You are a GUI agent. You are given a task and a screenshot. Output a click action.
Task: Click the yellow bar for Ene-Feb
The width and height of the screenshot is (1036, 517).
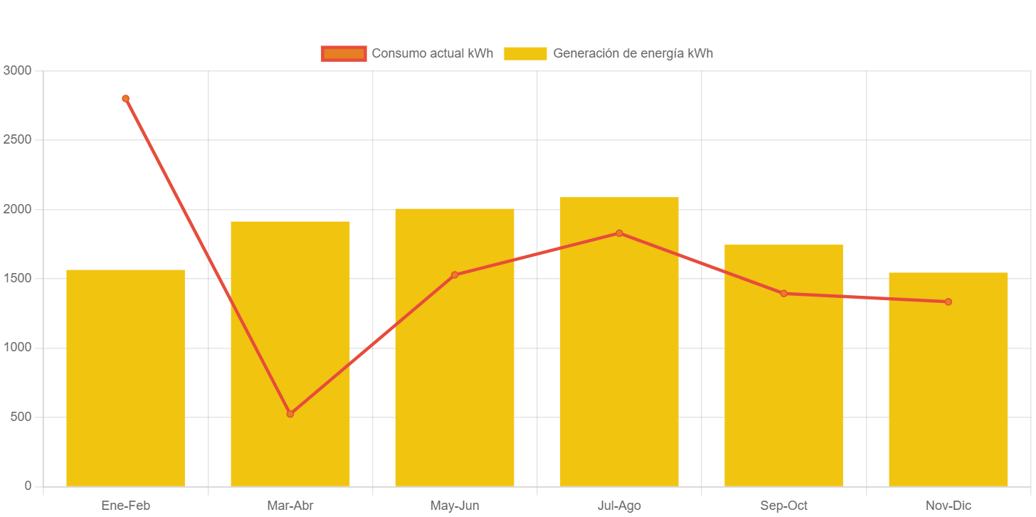125,378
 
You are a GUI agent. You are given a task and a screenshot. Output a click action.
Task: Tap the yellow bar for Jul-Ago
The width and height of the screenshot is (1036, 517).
619,341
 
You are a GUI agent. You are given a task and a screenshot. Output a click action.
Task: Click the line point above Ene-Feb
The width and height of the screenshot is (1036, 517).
125,99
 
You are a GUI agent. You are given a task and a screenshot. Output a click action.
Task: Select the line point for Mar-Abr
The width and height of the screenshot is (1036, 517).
290,414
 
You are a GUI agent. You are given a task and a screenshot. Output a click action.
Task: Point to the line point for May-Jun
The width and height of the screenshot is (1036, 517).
455,275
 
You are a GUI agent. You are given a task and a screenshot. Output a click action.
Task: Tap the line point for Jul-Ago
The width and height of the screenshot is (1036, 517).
619,233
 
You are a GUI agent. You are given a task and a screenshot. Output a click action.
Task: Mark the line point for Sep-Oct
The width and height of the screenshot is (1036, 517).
783,294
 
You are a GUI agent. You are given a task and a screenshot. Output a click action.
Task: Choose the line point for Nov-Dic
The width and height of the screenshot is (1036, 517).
948,302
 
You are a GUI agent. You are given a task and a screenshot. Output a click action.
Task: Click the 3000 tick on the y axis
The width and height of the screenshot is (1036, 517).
17,70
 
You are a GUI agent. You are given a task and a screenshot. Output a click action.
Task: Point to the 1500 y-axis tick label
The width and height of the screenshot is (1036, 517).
17,278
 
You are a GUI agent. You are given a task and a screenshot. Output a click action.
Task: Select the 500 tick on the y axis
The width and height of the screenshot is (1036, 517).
21,417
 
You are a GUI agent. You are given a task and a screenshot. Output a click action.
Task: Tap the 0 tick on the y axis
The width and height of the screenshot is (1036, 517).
28,486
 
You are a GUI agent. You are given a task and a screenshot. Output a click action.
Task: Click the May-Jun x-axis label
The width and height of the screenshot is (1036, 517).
455,506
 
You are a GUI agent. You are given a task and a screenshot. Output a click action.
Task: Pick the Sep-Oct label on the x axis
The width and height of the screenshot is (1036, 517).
783,506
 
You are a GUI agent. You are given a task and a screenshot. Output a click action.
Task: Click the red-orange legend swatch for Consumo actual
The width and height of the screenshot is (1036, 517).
344,53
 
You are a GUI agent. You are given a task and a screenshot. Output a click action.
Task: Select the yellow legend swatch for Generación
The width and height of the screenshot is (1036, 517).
525,53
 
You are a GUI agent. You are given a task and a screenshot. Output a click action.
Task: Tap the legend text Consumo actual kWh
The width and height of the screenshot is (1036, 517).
432,53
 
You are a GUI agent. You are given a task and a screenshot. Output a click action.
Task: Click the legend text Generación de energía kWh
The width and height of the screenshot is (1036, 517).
633,53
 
